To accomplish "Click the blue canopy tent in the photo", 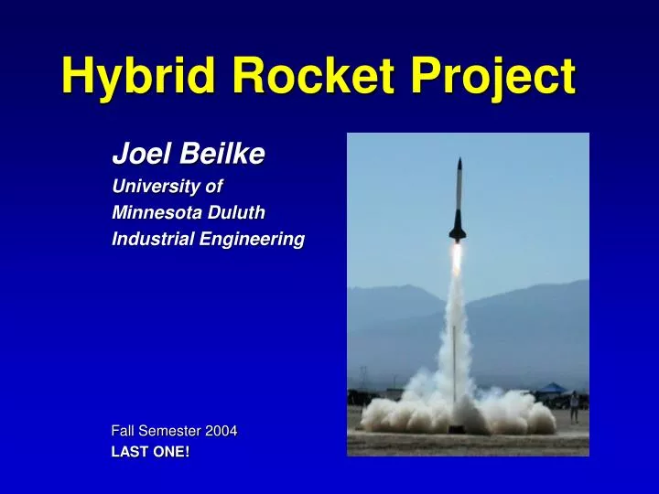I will pyautogui.click(x=551, y=388).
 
